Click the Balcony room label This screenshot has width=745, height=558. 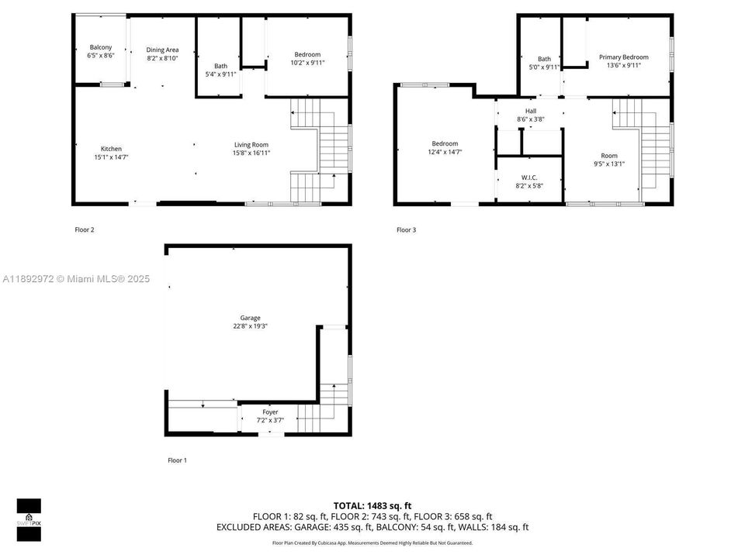coord(101,47)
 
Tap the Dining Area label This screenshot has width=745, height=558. coord(162,50)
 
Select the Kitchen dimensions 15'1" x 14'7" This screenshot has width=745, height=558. coord(111,157)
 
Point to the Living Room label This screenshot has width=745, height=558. coord(252,144)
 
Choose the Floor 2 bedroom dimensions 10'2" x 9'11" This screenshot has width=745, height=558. coord(307,63)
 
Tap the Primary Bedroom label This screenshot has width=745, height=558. coord(623,57)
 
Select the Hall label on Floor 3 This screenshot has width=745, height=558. coord(531,111)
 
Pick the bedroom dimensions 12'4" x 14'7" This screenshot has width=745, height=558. coord(445,152)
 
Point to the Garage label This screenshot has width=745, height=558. coord(250,318)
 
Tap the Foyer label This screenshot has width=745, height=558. coord(270,412)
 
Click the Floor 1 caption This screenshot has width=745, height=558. coord(177,460)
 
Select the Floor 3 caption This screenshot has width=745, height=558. coord(406,229)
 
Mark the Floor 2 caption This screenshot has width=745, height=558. coord(85,229)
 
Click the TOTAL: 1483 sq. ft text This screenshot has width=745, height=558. coord(372,504)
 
